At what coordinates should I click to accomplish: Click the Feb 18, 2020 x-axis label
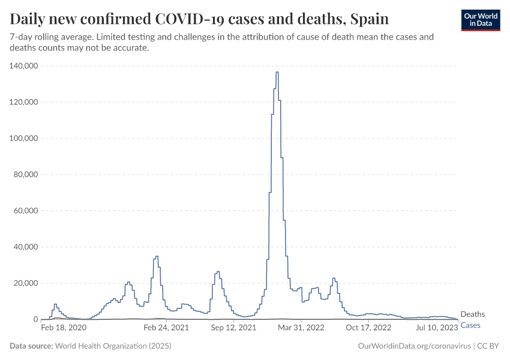pos(64,328)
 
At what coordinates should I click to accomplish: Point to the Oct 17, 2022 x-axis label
pos(368,328)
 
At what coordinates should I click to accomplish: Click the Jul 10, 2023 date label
pos(437,328)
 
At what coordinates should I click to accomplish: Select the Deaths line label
pos(472,314)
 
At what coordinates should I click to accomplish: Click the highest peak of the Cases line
pos(277,73)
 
